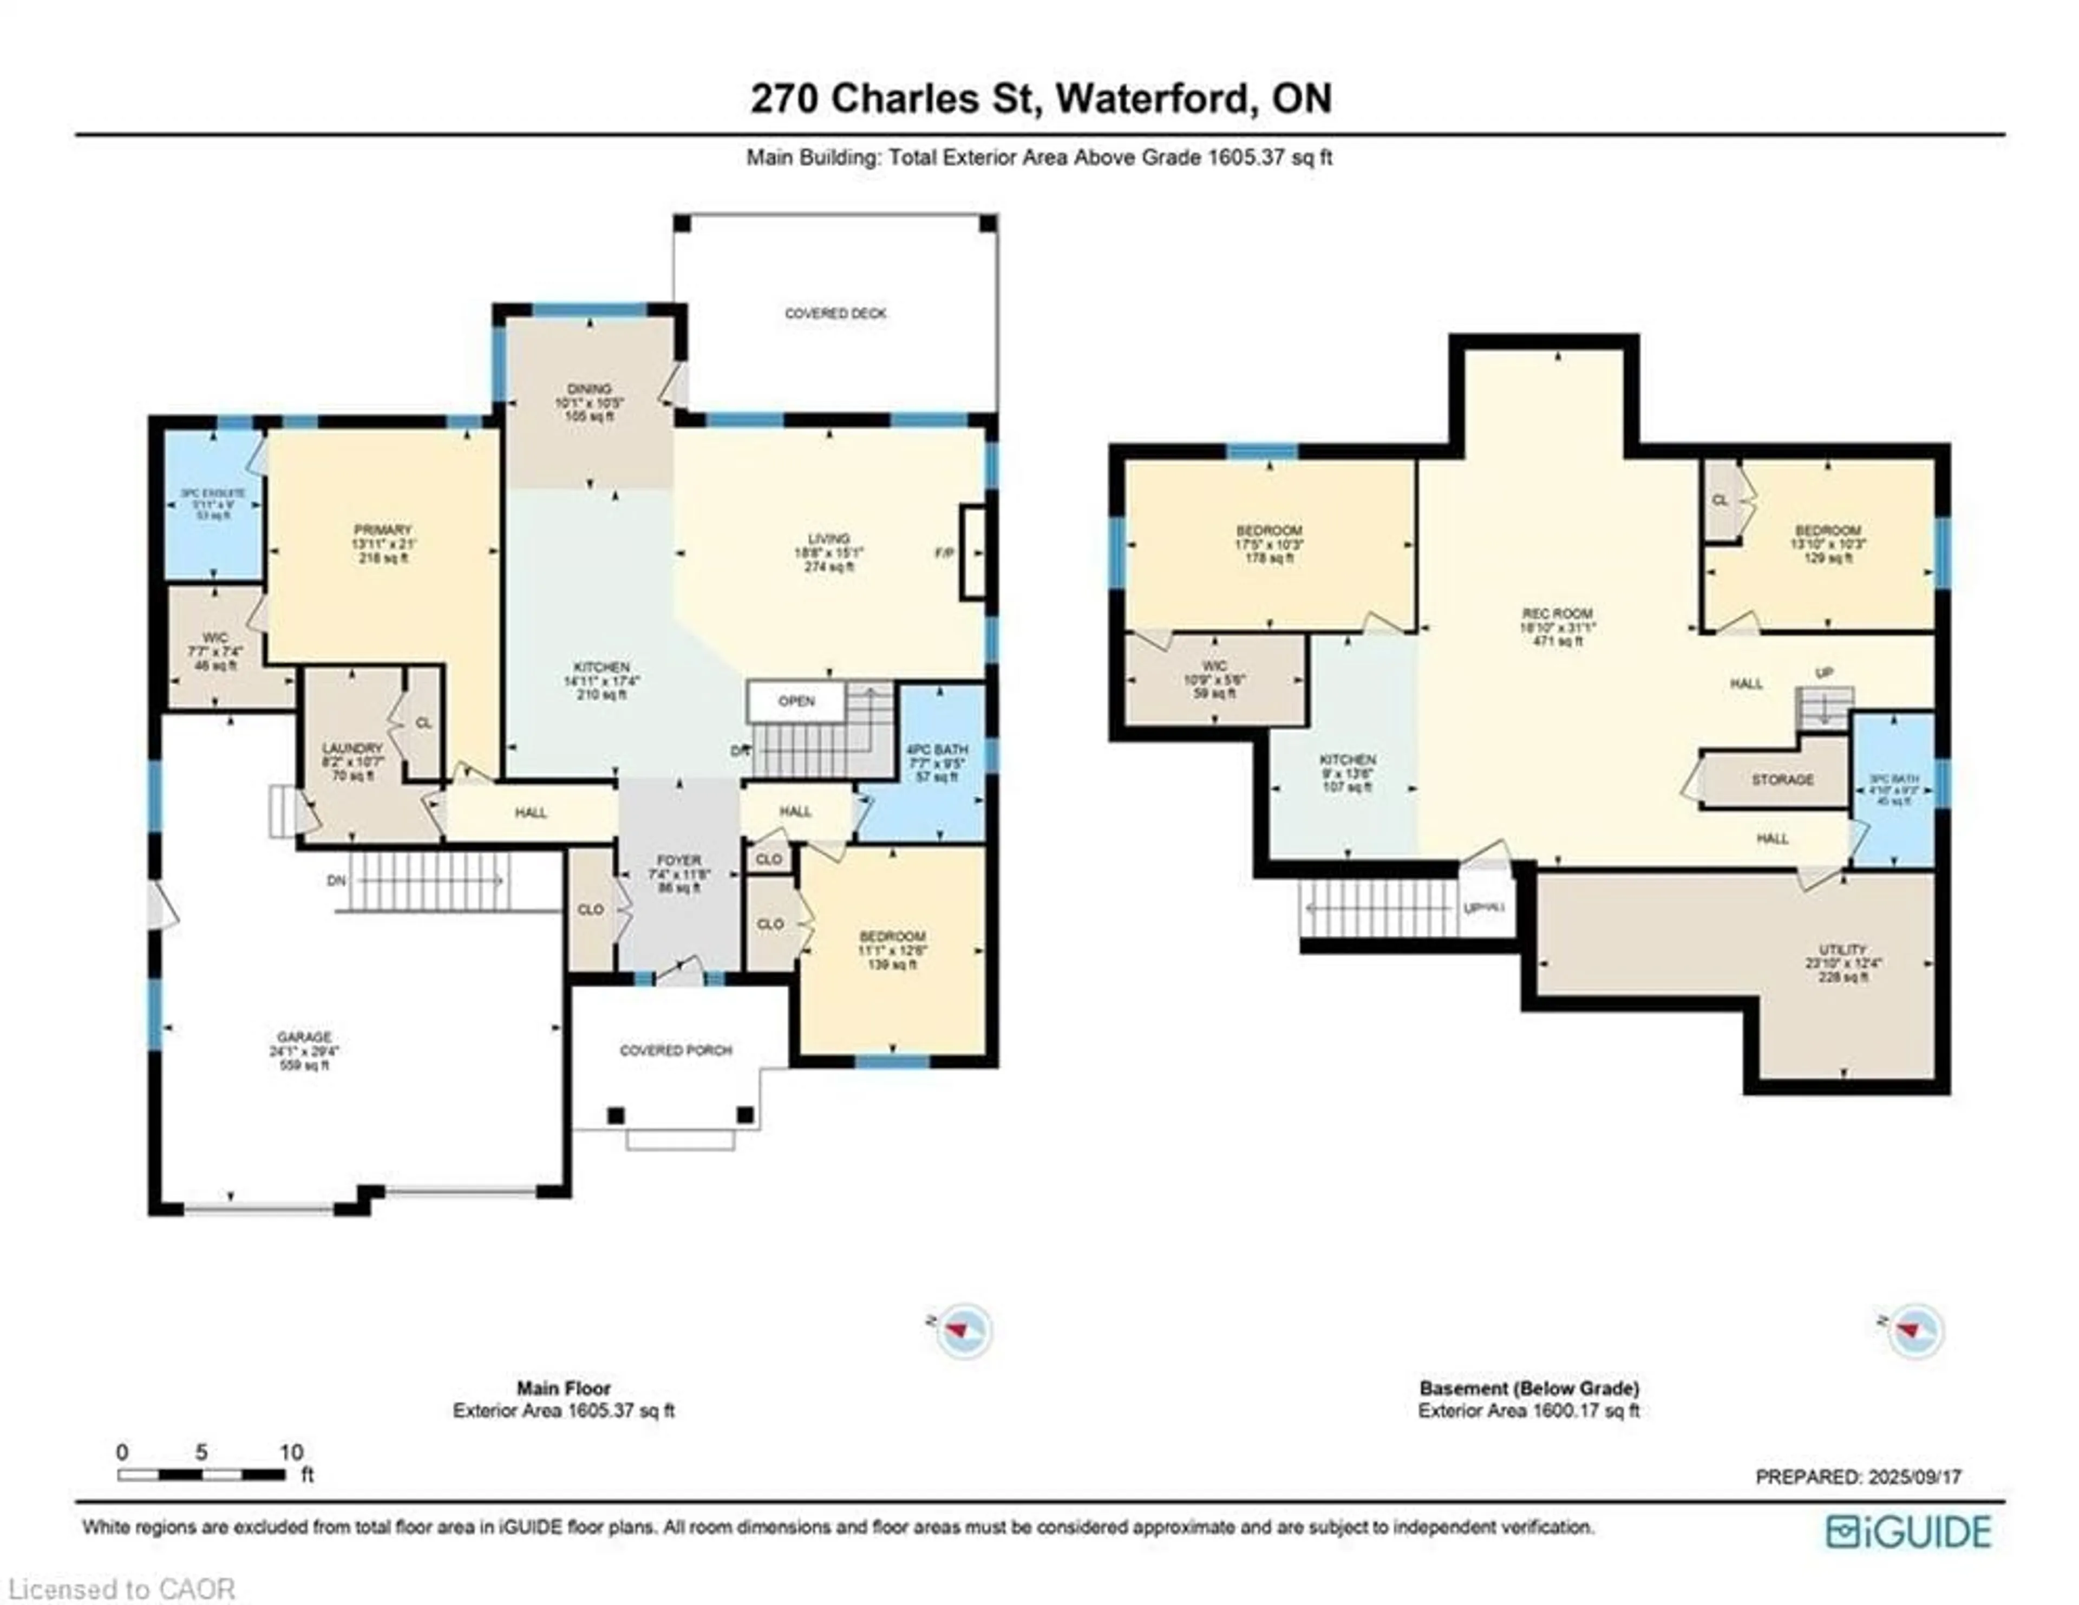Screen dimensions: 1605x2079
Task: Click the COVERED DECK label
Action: point(835,313)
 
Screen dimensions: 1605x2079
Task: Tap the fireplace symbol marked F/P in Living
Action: point(972,553)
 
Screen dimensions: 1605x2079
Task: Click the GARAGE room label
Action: point(305,1038)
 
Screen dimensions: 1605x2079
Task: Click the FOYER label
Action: point(679,860)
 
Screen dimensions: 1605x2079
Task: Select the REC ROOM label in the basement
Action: point(1557,614)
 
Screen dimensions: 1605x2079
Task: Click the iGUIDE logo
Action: point(1908,1532)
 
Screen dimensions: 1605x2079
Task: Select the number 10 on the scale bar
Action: point(291,1453)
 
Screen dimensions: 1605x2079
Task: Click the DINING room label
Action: point(589,389)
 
